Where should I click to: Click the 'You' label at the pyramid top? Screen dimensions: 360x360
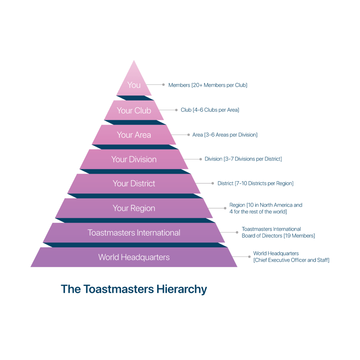[x=134, y=85]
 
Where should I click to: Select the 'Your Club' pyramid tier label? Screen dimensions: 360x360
[x=134, y=110]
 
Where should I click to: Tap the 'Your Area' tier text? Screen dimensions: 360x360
[x=134, y=135]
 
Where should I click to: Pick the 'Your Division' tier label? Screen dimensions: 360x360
[x=134, y=159]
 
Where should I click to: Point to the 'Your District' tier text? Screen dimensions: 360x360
[x=134, y=184]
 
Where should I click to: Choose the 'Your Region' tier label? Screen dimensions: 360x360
[x=134, y=208]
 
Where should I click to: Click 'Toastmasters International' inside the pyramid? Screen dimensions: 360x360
[x=134, y=233]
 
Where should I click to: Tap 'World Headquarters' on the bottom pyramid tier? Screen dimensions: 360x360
[x=134, y=257]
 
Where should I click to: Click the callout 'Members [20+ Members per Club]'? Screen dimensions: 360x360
[x=208, y=85]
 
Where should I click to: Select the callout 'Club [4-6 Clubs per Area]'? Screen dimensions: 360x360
[x=210, y=110]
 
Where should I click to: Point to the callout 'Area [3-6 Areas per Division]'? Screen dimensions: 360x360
[x=225, y=135]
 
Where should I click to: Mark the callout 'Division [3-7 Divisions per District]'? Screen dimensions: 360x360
[x=243, y=159]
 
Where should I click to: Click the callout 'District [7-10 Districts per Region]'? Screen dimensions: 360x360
[x=255, y=184]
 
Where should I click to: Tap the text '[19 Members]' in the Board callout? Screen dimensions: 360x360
[x=299, y=236]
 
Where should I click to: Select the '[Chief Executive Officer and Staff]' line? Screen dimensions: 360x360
[x=291, y=260]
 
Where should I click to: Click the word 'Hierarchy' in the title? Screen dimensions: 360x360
[x=182, y=289]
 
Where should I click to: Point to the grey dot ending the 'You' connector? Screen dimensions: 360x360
[x=163, y=85]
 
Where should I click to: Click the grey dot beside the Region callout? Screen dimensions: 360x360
[x=225, y=208]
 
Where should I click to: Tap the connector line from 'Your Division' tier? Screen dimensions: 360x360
[x=192, y=159]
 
